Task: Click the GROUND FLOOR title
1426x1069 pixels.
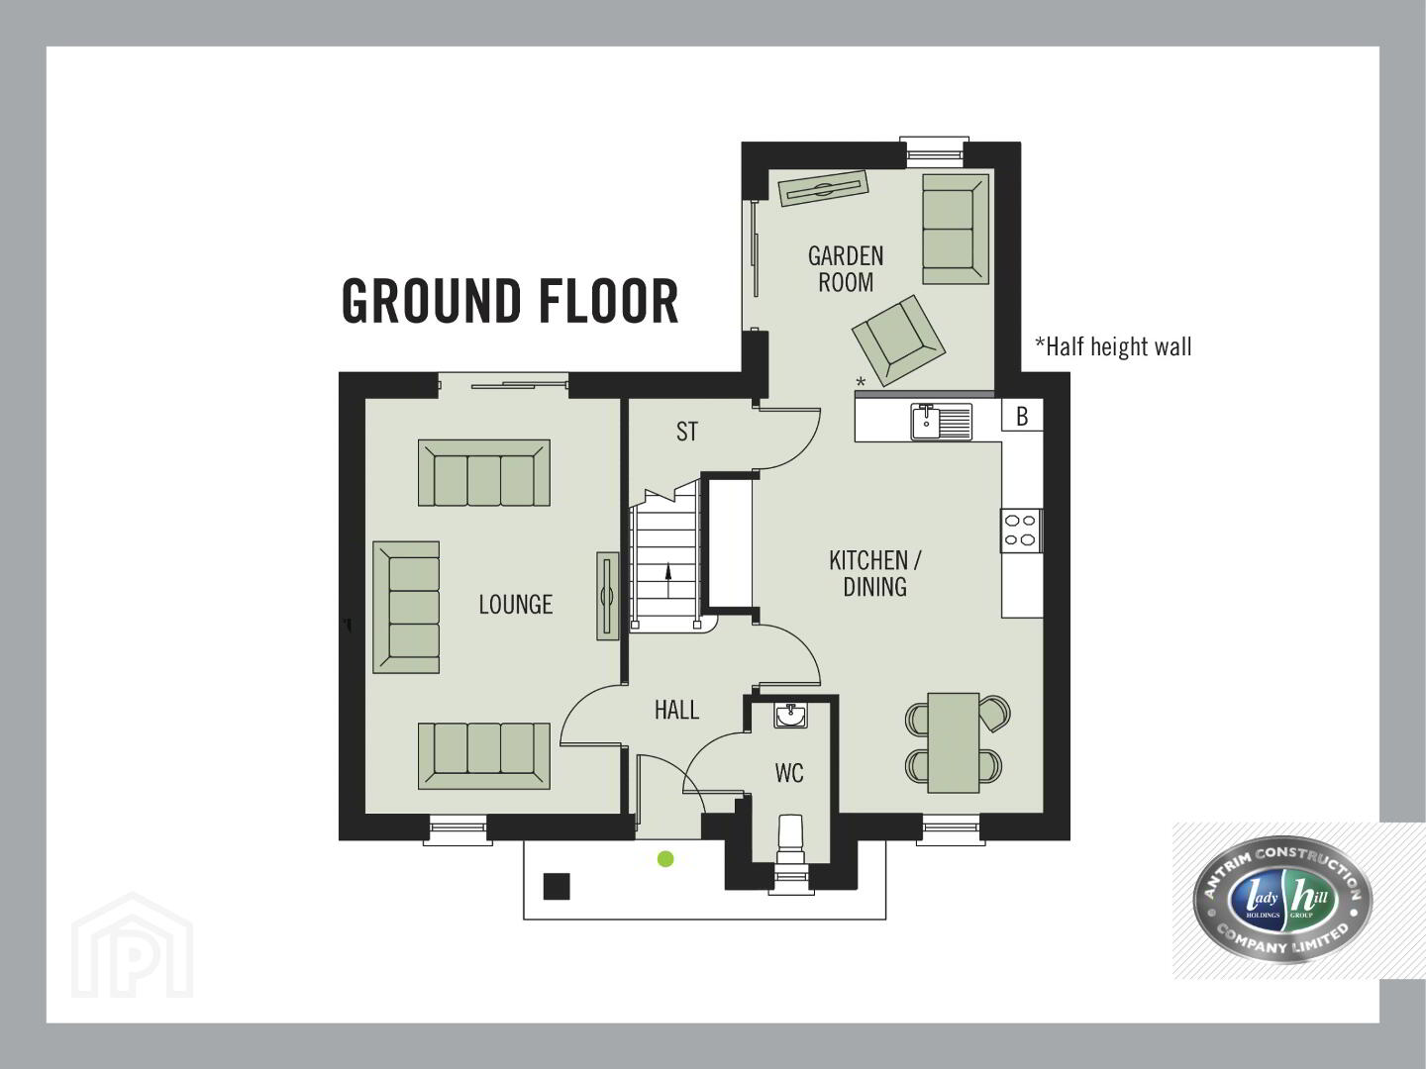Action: click(510, 301)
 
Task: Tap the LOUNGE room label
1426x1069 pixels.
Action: click(516, 605)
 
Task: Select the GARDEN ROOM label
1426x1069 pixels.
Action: click(846, 268)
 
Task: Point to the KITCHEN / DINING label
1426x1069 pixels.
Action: click(875, 573)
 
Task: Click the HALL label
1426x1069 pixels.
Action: click(677, 710)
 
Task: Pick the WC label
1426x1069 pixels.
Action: click(789, 773)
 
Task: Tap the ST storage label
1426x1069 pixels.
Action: click(687, 432)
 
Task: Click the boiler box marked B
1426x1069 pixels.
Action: click(1022, 416)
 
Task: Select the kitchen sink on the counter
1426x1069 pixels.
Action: click(942, 422)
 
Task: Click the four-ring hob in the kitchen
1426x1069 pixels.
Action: click(1021, 530)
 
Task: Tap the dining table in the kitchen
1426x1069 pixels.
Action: click(954, 743)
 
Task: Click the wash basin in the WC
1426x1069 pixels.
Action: click(790, 716)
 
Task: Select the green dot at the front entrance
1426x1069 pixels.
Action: click(665, 859)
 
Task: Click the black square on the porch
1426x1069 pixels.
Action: click(557, 887)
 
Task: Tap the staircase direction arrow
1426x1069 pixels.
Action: click(667, 580)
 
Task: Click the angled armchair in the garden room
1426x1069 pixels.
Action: click(898, 341)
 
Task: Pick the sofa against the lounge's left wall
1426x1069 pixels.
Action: click(406, 608)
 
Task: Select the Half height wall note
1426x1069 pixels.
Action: click(1113, 346)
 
